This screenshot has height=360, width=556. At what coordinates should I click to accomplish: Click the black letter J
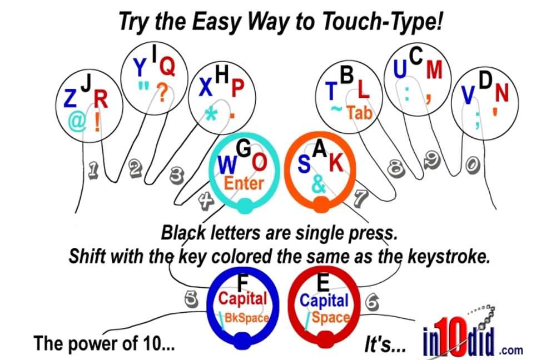(86, 83)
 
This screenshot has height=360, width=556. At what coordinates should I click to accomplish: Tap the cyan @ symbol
(77, 121)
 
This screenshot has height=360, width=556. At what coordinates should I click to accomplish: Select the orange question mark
(162, 93)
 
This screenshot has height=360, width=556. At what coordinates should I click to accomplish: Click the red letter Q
(167, 67)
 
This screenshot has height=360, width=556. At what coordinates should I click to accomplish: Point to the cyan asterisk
(211, 114)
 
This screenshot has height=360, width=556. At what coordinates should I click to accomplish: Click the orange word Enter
(244, 183)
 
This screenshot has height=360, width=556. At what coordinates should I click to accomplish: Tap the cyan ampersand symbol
(319, 184)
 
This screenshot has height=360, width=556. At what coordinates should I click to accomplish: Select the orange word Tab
(359, 113)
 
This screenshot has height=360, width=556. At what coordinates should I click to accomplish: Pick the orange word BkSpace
(246, 318)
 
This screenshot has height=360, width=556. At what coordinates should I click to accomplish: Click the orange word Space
(330, 317)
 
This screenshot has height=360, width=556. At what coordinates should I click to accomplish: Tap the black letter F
(243, 283)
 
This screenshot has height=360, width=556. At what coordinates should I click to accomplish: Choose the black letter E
(323, 282)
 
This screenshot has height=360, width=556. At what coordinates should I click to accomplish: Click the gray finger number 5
(191, 299)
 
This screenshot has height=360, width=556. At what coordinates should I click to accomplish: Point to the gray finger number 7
(361, 197)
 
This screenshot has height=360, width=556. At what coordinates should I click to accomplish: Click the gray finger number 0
(472, 165)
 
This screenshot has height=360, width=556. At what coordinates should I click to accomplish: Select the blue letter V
(468, 95)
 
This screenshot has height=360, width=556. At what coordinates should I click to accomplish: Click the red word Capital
(242, 298)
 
